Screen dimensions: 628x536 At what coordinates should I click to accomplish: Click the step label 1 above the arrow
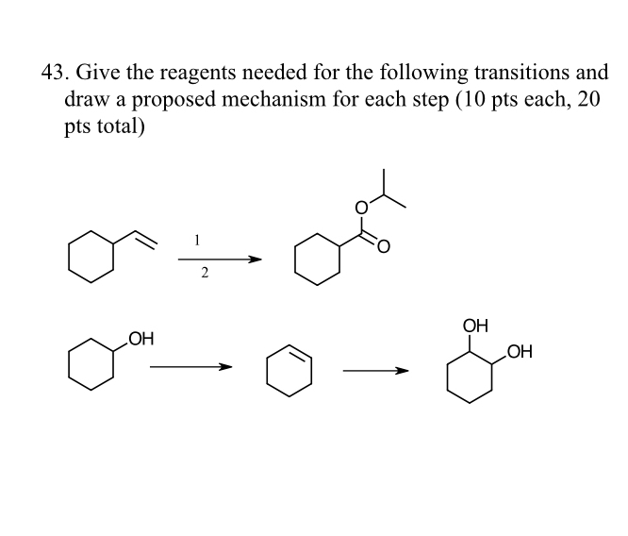[196, 240]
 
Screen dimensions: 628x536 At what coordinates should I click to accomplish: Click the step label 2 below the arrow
[204, 274]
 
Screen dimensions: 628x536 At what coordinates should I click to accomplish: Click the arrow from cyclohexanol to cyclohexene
[190, 369]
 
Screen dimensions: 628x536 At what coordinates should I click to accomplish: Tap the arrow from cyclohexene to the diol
[375, 370]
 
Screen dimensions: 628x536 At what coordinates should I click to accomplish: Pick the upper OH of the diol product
[476, 327]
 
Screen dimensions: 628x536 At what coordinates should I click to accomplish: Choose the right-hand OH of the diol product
[519, 354]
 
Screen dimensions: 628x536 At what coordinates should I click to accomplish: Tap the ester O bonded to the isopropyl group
[359, 207]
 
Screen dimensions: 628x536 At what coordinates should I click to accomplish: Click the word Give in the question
[94, 73]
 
